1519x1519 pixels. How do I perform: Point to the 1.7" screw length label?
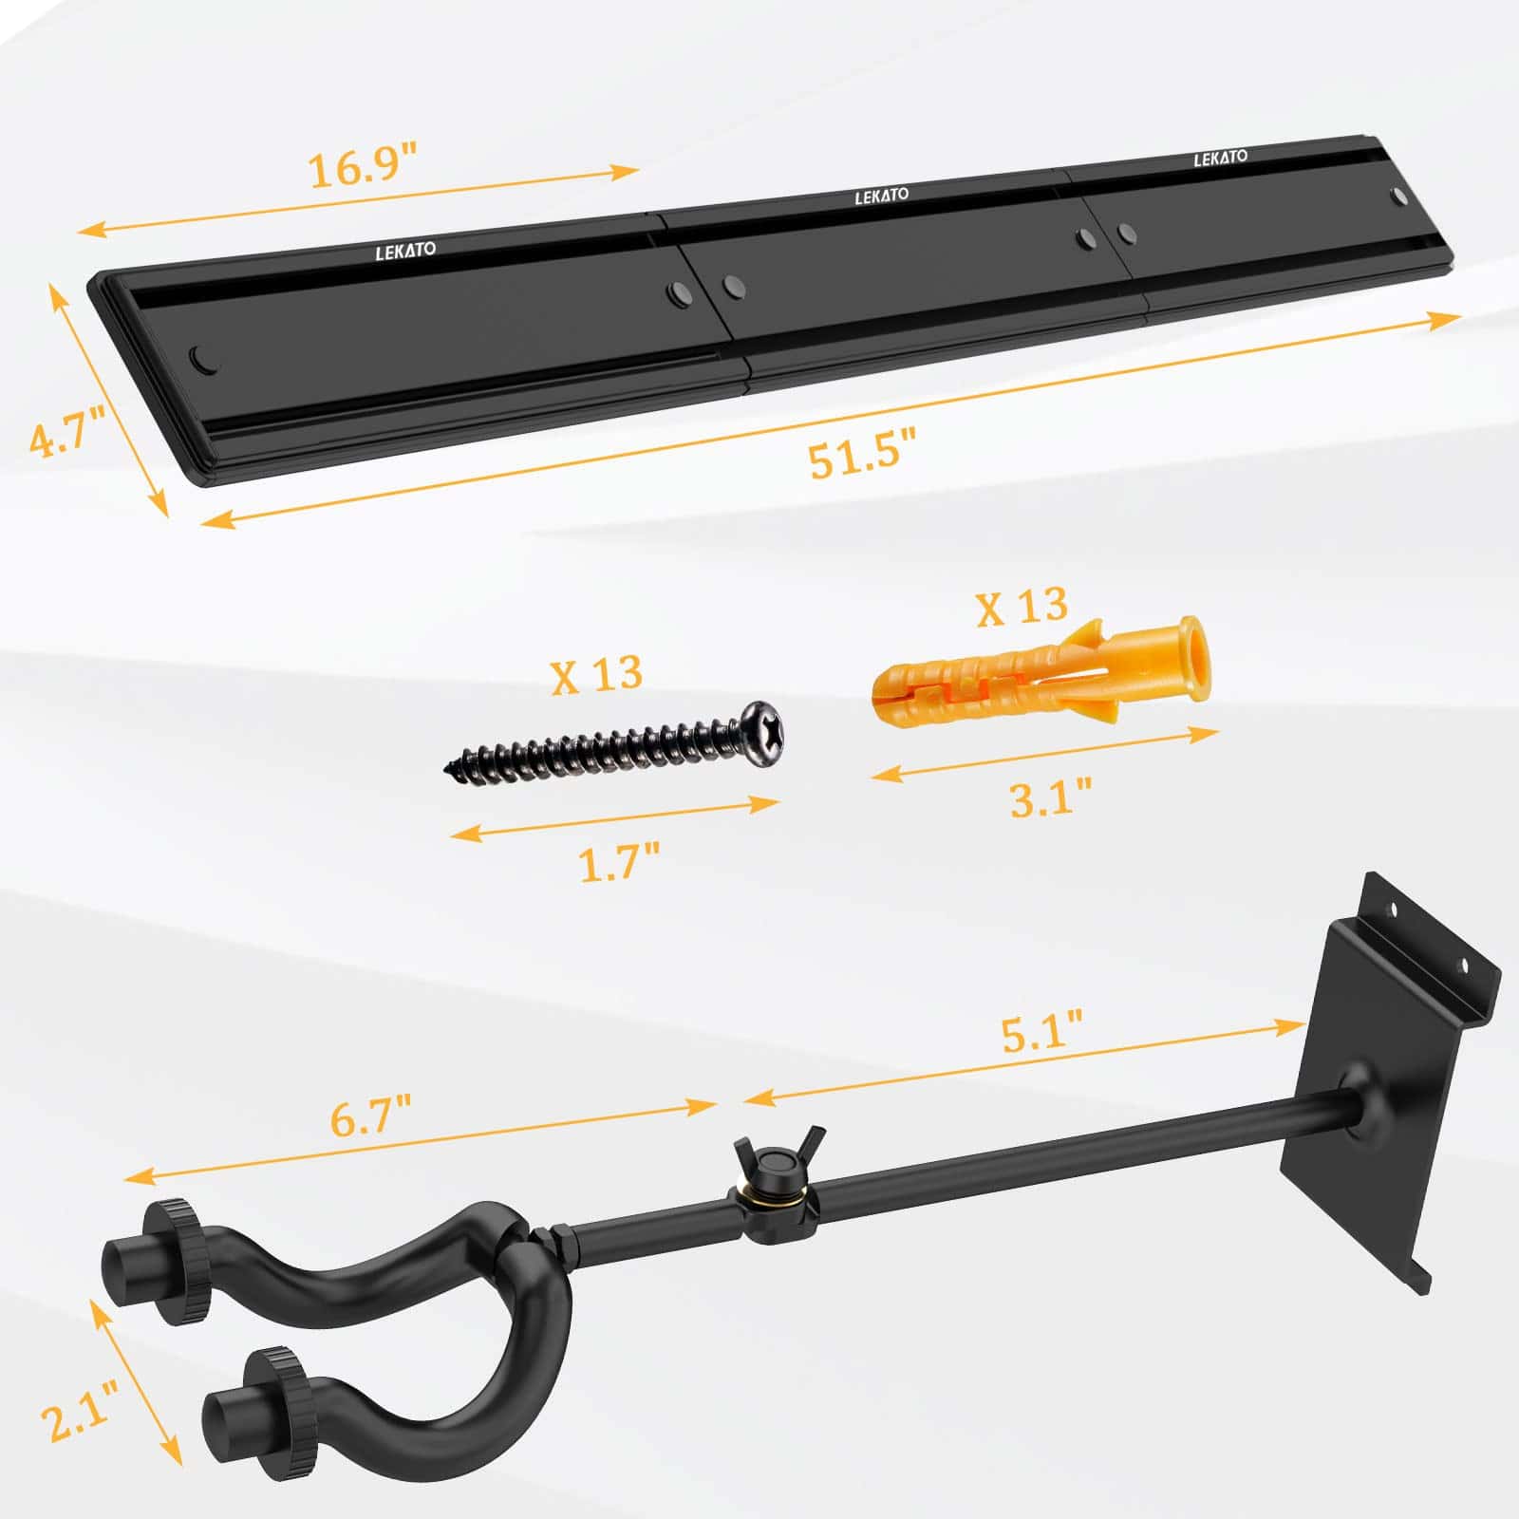(x=619, y=862)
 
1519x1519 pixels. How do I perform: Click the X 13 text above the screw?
(x=597, y=674)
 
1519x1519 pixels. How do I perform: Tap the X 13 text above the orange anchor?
(x=1022, y=605)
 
